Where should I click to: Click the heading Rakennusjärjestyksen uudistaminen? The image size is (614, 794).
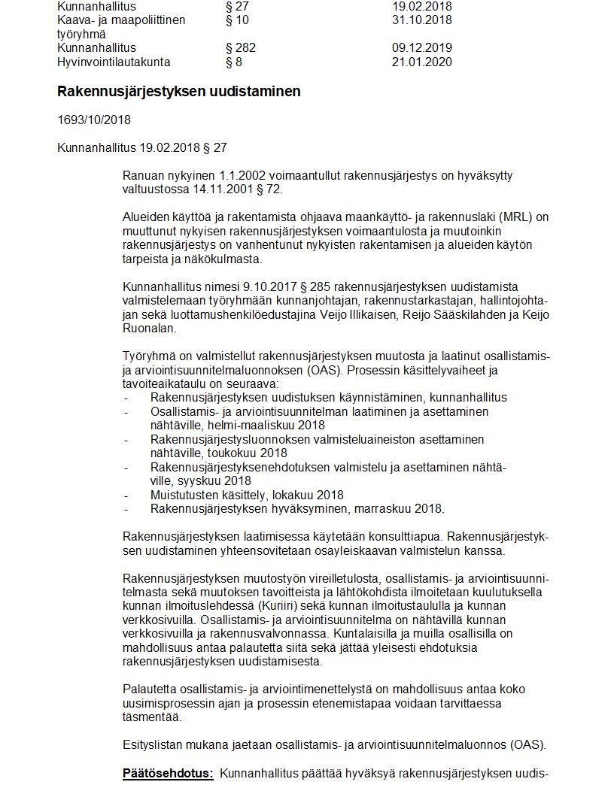click(178, 92)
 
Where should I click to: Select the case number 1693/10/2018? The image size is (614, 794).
click(94, 119)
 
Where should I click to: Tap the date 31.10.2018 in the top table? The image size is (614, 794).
click(421, 20)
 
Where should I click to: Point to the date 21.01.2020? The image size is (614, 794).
click(421, 62)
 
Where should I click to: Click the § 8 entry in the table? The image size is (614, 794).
click(234, 62)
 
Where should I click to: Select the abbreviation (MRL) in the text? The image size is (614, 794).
click(485, 217)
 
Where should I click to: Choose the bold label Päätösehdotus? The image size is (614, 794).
click(168, 773)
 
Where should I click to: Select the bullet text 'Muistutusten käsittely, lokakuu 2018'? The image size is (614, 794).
click(247, 495)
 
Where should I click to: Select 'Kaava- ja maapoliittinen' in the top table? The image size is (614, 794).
click(121, 20)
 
